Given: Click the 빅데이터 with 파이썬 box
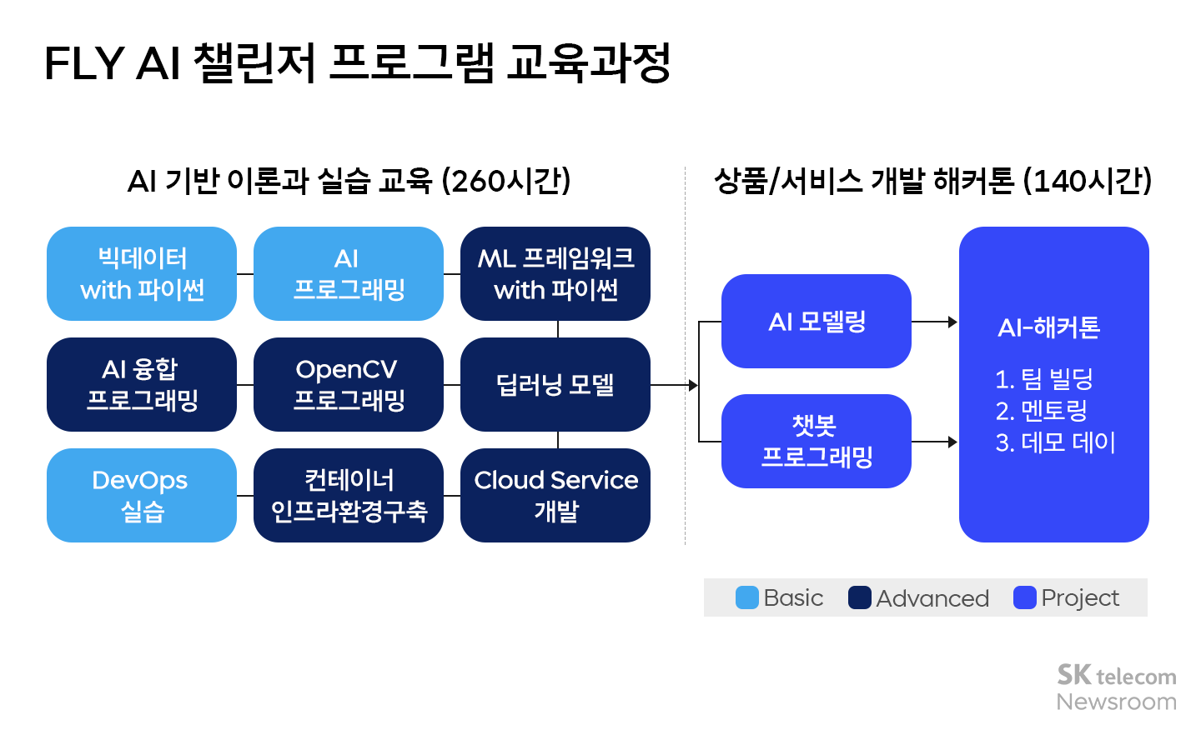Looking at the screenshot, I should (x=142, y=273).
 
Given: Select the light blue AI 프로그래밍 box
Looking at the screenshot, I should (x=349, y=273).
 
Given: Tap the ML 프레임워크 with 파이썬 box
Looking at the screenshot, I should (x=555, y=273).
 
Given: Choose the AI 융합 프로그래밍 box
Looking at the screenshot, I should (x=142, y=384).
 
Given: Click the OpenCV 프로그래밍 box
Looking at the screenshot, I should (x=349, y=384).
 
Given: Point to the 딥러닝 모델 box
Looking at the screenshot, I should (x=555, y=384).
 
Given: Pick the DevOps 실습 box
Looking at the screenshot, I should (x=142, y=495).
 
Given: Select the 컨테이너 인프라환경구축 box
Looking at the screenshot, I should (x=349, y=495).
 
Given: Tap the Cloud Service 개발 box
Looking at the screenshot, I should (x=555, y=495).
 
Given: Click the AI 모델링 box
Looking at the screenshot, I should (x=817, y=321).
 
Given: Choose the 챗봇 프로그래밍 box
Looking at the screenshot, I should (x=817, y=441).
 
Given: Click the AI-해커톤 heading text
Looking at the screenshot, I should (x=1049, y=327).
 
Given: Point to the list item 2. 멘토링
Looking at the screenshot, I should (x=1042, y=410).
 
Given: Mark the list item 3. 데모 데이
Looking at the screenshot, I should (x=1055, y=442).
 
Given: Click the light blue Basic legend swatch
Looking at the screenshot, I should (x=747, y=597).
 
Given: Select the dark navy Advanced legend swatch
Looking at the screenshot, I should (x=860, y=597).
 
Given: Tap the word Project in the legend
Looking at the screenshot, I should (x=1080, y=598).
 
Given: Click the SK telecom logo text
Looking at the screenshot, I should (x=1117, y=675).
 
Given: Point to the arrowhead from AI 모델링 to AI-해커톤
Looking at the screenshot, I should (x=952, y=322).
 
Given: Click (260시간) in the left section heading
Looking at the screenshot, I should (x=506, y=181).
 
